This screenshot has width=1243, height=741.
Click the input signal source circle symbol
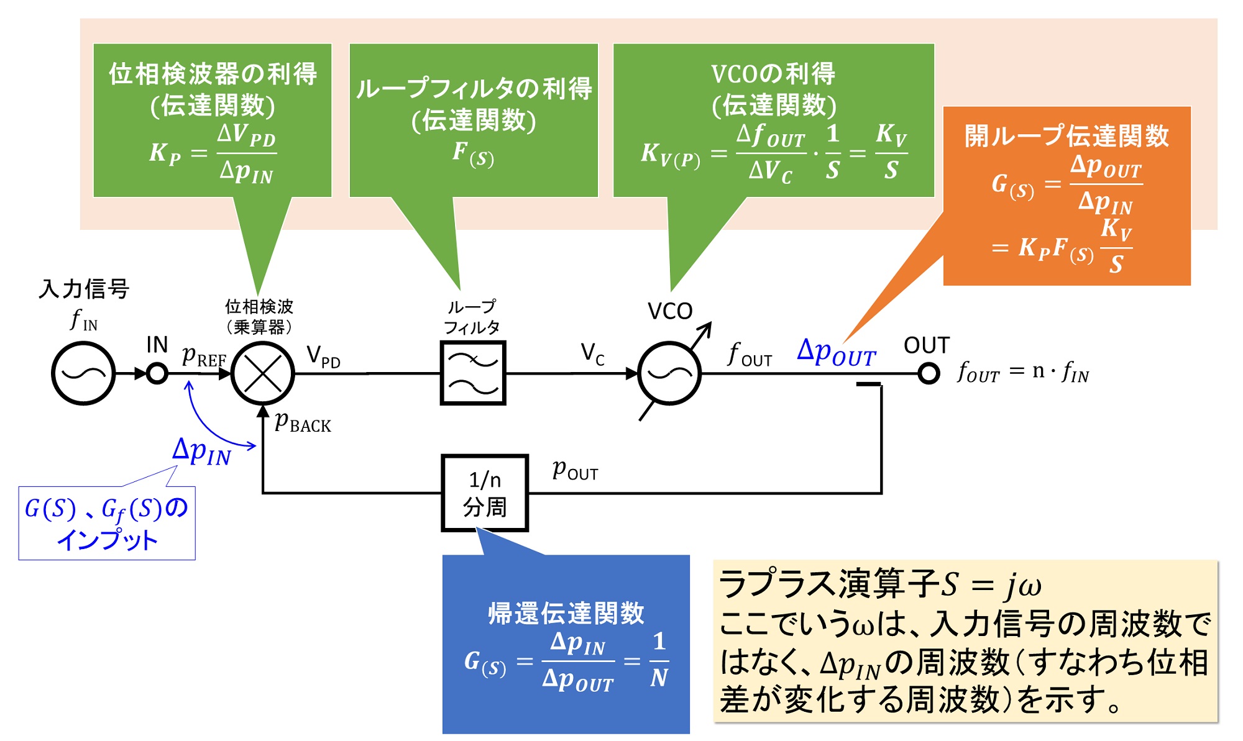(x=83, y=373)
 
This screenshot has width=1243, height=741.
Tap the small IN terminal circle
(x=157, y=374)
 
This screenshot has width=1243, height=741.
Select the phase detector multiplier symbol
(x=263, y=374)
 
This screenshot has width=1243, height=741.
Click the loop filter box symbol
(x=473, y=373)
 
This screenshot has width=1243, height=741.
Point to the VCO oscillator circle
(x=669, y=373)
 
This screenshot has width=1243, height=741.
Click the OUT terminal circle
(x=929, y=374)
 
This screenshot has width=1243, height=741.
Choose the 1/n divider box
(x=485, y=493)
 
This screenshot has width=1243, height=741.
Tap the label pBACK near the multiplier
(x=303, y=423)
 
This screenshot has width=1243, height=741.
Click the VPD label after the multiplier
(x=323, y=357)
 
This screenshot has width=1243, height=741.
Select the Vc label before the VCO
(x=592, y=354)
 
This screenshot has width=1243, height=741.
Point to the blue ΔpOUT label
(x=837, y=353)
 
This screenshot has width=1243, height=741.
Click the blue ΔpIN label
(x=201, y=452)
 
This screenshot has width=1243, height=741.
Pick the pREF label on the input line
(x=204, y=357)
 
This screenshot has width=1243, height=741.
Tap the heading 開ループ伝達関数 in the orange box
(x=1066, y=136)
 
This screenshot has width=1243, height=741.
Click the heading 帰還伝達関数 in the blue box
(x=566, y=613)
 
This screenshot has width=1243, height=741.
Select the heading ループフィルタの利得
(x=474, y=89)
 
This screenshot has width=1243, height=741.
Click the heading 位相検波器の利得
(x=213, y=74)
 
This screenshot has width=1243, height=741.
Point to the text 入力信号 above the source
(x=84, y=289)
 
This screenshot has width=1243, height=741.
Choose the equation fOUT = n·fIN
(x=1023, y=373)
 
